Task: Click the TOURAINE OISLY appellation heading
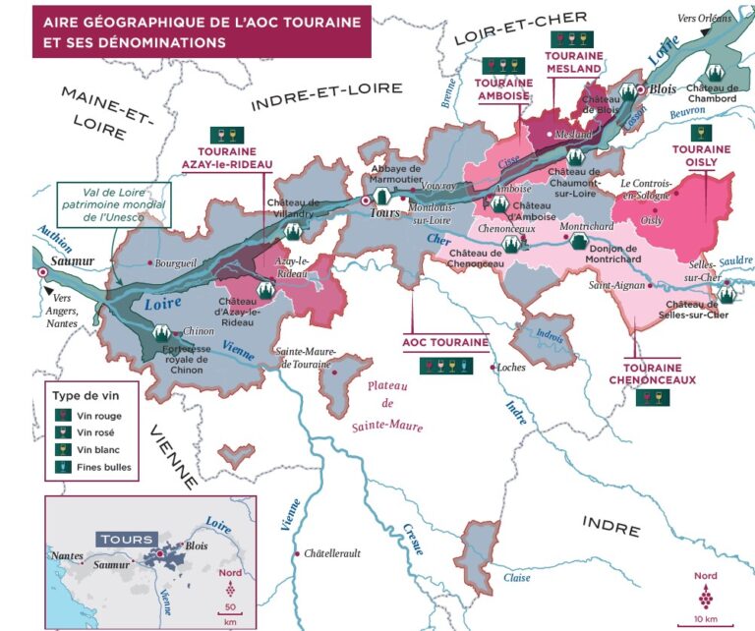tap(701, 157)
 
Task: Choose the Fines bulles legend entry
tap(104, 467)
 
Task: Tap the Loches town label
tap(512, 369)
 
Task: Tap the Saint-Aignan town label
tap(615, 286)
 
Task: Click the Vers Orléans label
tap(704, 19)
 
